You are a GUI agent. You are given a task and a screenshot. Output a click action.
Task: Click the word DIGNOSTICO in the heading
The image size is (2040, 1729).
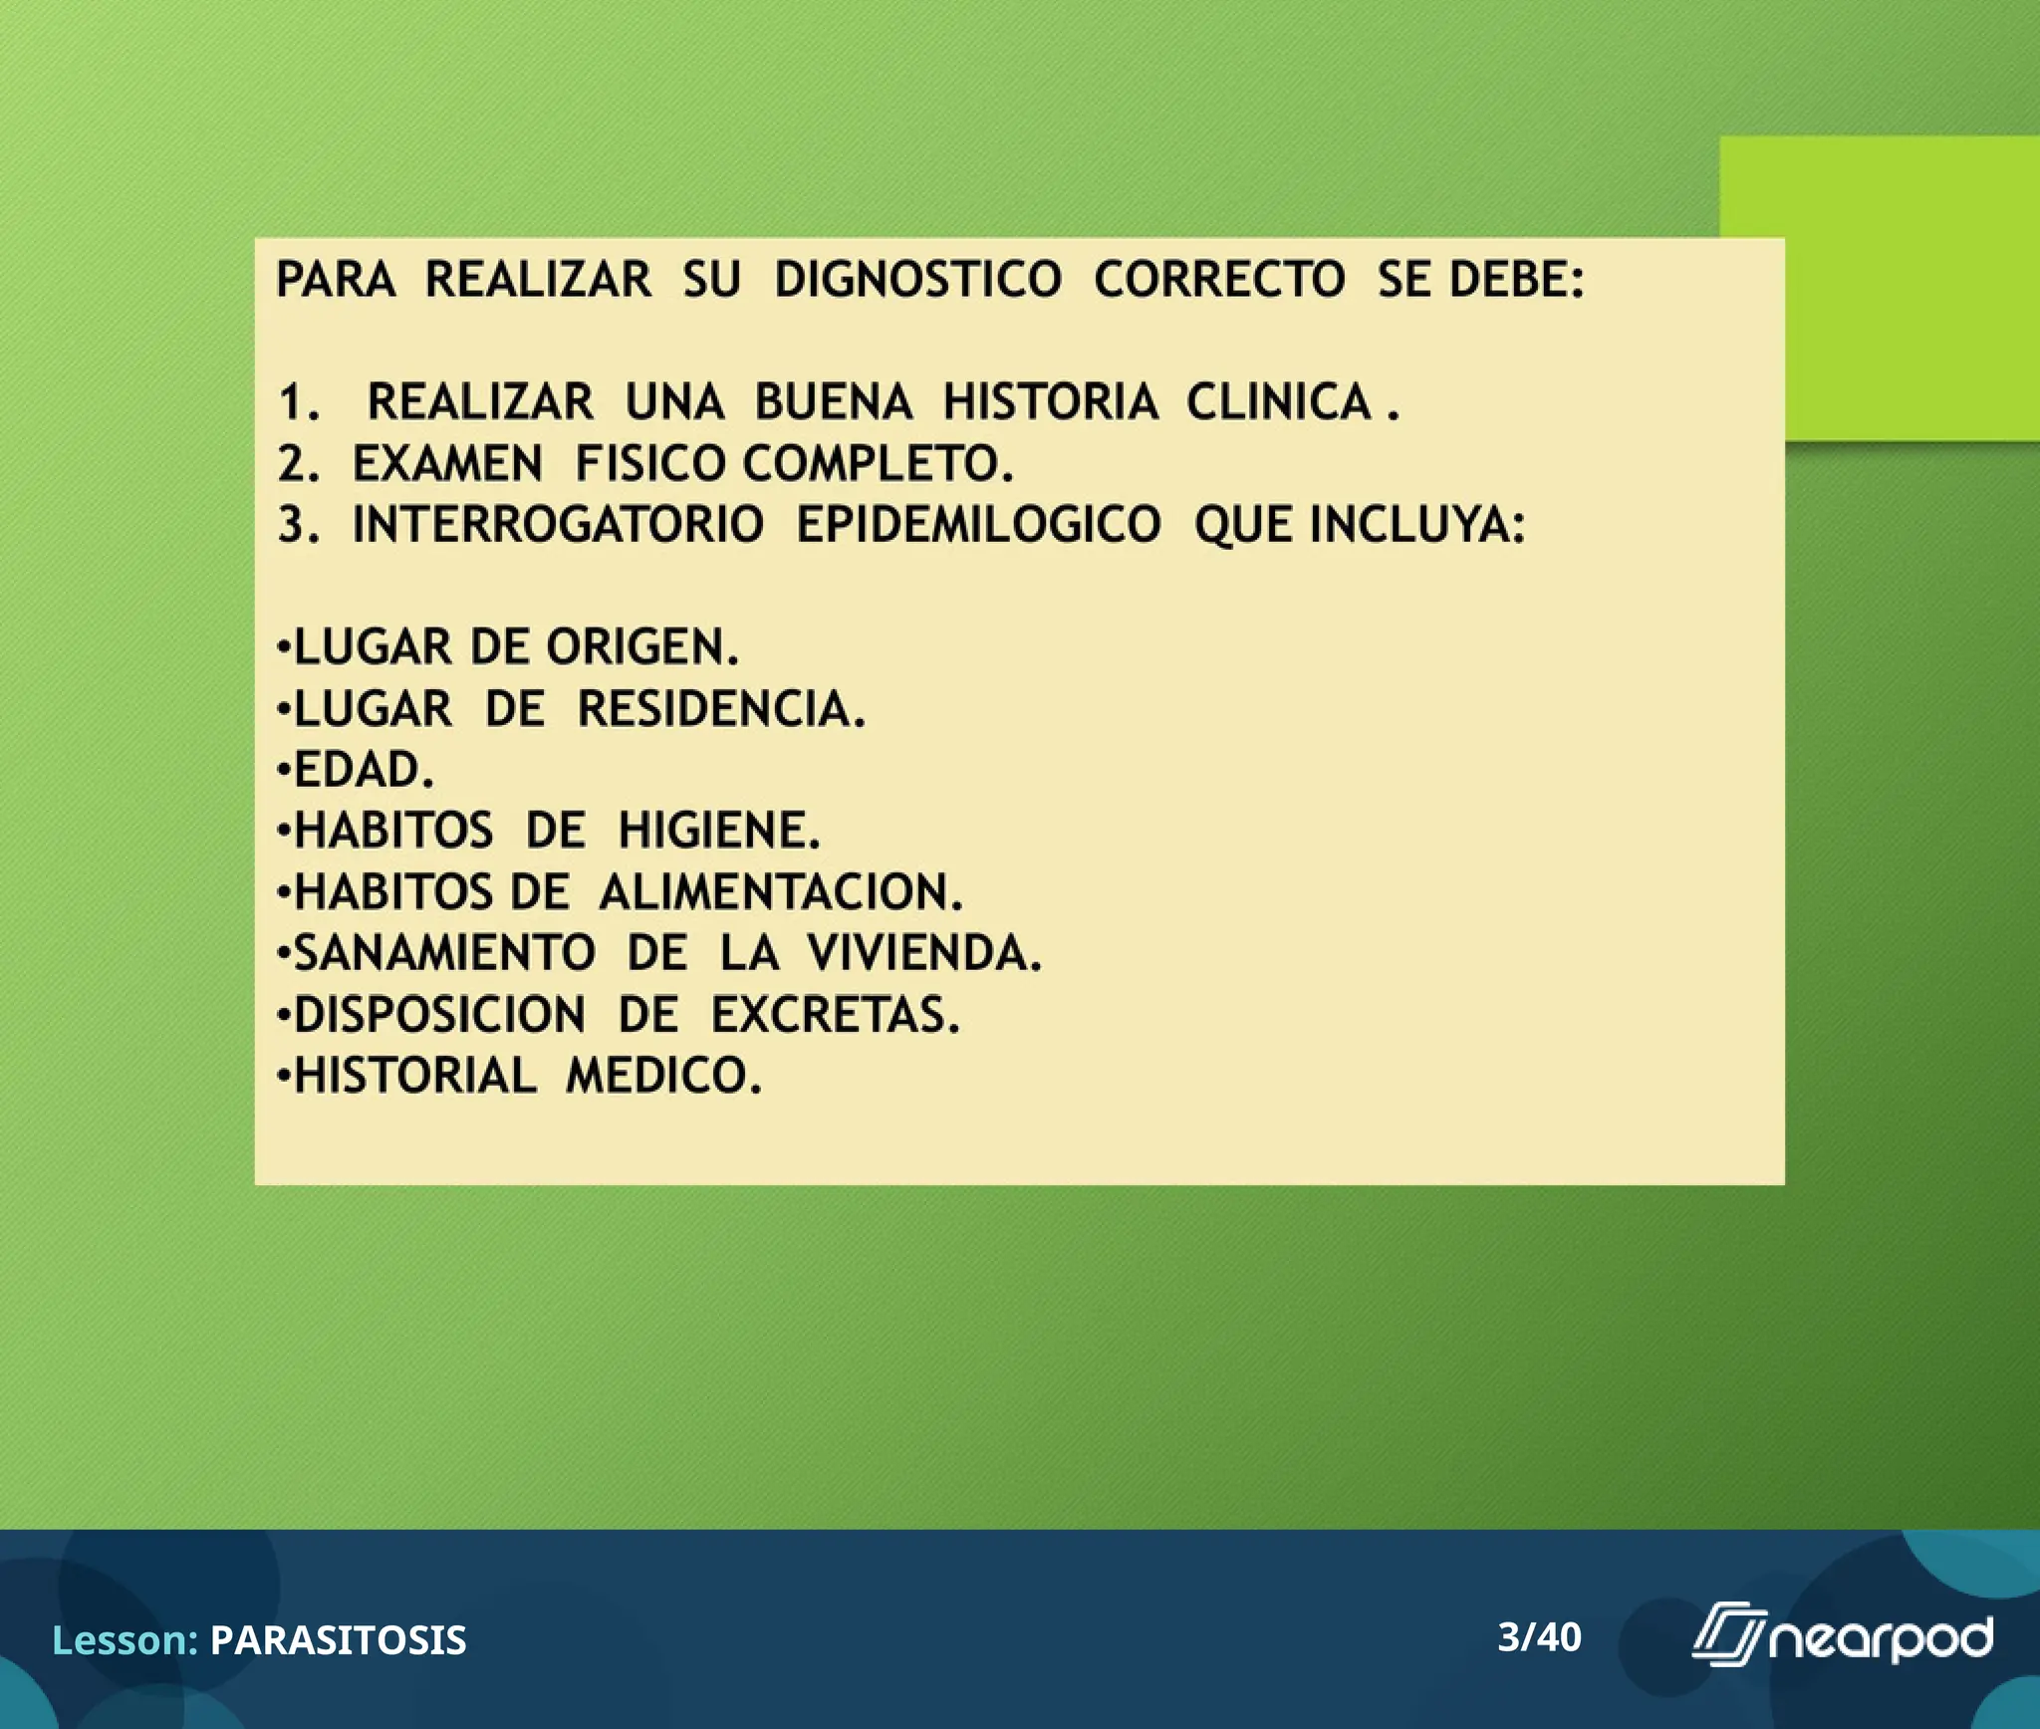[917, 279]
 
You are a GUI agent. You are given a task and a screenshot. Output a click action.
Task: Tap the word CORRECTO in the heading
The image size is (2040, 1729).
[1219, 279]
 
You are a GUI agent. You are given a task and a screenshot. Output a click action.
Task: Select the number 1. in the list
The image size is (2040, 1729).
[299, 402]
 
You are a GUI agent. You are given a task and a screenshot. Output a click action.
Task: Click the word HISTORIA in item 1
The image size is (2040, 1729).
[1050, 402]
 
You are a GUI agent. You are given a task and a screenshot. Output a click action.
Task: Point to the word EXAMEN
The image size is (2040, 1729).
[447, 464]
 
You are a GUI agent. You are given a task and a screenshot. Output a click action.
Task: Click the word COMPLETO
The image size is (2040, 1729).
[878, 464]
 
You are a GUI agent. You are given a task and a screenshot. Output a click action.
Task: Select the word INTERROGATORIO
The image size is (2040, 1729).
[558, 525]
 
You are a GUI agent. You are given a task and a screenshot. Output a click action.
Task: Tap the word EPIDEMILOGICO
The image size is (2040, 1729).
[978, 525]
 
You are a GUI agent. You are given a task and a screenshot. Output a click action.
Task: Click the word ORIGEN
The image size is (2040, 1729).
[641, 647]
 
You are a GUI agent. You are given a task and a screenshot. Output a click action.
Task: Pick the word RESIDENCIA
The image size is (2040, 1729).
[721, 709]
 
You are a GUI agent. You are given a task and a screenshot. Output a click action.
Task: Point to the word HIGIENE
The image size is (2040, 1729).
[718, 831]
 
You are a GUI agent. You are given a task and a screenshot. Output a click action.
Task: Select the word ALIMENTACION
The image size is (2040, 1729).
[780, 891]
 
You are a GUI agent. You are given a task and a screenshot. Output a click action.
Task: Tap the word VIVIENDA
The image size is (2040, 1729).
[923, 953]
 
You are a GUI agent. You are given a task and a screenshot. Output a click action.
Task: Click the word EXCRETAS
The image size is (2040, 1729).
[835, 1015]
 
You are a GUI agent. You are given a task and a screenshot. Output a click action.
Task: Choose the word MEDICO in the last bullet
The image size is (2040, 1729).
[663, 1076]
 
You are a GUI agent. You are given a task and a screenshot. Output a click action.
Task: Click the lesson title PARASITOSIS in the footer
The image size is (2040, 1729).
[338, 1640]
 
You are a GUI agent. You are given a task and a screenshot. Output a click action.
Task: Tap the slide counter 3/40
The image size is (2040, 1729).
[1539, 1637]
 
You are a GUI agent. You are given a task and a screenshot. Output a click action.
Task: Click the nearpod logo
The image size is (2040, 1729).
[1843, 1637]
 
